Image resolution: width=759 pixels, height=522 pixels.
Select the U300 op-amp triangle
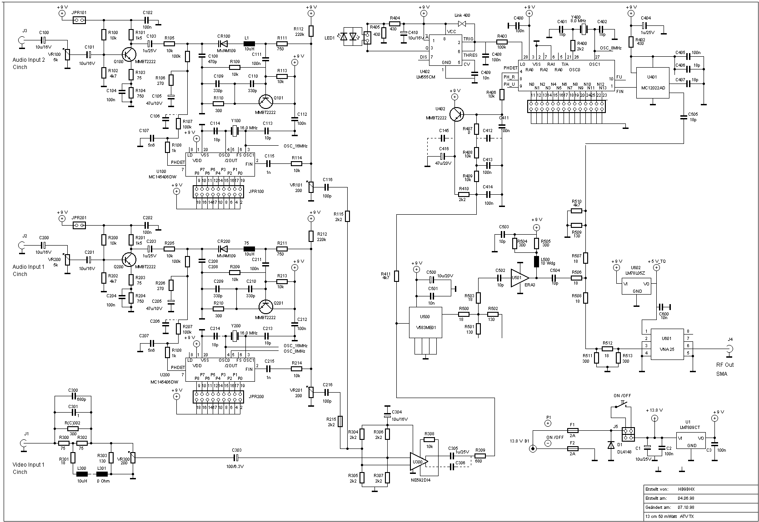point(418,461)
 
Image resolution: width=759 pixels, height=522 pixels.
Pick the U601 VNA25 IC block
point(667,345)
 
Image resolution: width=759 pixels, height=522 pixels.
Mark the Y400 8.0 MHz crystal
point(584,30)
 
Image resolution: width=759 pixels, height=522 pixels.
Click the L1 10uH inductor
point(249,44)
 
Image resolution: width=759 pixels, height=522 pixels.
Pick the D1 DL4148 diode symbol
point(610,445)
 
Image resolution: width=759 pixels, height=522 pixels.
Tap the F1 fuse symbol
point(573,430)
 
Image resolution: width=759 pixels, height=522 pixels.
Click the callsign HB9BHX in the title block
point(686,489)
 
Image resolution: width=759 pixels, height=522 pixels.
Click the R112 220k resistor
point(311,30)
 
